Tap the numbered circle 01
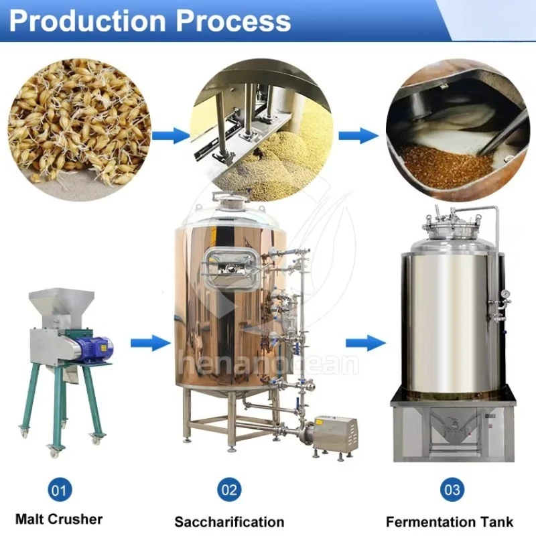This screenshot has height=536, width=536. (x=59, y=490)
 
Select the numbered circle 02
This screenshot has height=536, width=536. (x=229, y=490)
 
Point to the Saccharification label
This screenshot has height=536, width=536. (x=229, y=521)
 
